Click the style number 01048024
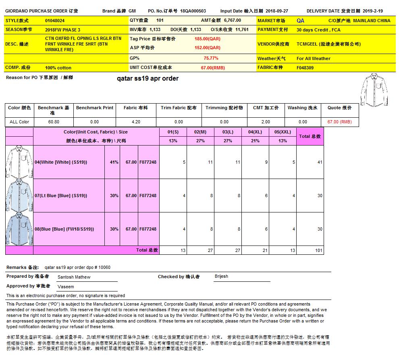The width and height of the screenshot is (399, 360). pos(55,21)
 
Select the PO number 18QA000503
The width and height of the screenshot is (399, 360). pos(193,11)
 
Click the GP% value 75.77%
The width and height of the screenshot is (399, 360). pos(211,58)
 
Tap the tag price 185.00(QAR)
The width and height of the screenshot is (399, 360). pos(207,39)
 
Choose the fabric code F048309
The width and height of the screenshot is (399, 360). pos(305,68)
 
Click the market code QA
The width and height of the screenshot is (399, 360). pos(300,21)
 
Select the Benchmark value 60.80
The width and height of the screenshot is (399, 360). pos(54,122)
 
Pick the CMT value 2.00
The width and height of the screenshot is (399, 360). pos(266,122)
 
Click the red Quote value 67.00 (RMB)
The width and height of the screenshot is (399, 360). pos(339,122)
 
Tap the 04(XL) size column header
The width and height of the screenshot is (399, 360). pos(255,132)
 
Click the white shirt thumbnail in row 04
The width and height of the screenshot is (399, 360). pos(19,162)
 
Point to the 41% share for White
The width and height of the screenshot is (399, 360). pos(114,162)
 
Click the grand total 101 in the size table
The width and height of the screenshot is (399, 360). pos(319,250)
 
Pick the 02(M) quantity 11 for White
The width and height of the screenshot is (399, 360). pos(210,162)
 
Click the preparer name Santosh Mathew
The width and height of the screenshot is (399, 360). pos(74,277)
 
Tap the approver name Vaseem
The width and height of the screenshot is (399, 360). pos(66,287)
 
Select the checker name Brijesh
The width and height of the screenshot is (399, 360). pos(221,276)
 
